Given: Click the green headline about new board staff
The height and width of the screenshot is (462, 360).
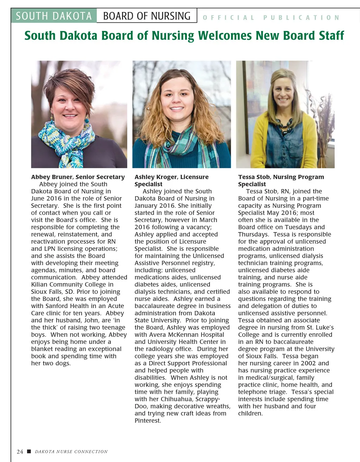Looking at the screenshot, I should pos(184,36).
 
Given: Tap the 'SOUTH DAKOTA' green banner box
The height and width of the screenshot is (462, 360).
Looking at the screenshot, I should pos(54,16).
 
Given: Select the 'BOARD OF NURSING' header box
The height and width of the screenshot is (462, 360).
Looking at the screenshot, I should pos(147,16).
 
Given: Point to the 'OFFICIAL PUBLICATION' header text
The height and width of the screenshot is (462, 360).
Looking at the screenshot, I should pos(271,18).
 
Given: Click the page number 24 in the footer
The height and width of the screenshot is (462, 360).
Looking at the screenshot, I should pos(20,451).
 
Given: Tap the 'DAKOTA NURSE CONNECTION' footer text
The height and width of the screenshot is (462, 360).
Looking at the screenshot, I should pos(71,451).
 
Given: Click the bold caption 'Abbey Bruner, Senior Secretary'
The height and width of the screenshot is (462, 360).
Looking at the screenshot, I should pos(78,177).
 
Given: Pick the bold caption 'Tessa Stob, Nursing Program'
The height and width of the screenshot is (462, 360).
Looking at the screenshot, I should pos(281,177).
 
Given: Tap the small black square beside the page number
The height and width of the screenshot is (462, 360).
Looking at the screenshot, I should pos(29,451).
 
